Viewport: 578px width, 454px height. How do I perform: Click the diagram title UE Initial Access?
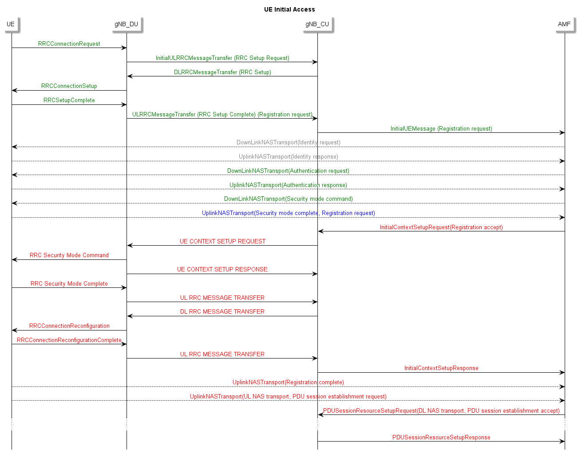289,9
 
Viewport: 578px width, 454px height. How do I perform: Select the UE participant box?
11,24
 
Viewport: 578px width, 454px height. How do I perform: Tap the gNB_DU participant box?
127,24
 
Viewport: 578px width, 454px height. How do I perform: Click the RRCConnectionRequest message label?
69,44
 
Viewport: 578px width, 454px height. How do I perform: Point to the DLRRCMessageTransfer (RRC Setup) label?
222,72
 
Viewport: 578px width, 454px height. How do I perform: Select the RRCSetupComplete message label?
69,100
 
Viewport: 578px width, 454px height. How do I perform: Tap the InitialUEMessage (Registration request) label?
441,128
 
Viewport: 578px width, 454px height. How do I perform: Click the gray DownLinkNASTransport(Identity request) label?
289,142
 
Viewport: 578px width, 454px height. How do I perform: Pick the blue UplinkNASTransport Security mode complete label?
289,213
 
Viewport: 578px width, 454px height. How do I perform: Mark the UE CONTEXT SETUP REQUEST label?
222,241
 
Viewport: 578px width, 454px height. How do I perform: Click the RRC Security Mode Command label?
69,255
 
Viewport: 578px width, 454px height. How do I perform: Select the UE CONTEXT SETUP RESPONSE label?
222,269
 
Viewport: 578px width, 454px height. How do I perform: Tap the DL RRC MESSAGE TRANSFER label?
222,311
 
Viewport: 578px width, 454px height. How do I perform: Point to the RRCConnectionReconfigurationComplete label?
69,340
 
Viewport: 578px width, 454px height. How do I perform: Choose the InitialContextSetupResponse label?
441,368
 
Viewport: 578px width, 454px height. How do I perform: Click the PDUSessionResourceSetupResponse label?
441,437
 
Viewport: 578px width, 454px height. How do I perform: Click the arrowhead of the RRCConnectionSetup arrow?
14,91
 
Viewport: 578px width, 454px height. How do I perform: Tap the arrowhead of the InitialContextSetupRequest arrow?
321,231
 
